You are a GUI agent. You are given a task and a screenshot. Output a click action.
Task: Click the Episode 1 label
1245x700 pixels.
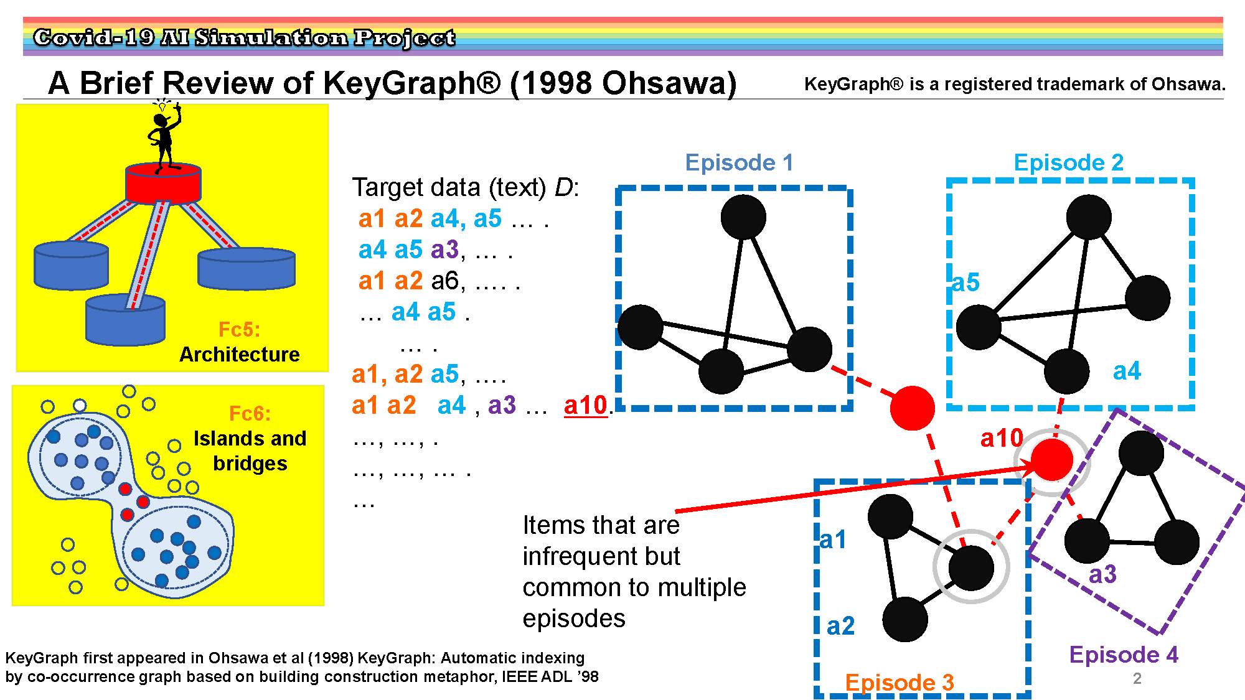(739, 163)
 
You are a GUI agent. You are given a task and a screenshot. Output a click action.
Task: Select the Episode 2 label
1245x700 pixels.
(1069, 163)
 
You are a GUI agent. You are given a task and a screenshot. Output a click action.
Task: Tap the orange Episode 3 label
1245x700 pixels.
(900, 683)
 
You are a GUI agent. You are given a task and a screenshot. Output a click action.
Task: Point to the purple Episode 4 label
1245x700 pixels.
(1124, 655)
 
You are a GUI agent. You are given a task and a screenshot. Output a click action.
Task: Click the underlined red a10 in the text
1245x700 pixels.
(585, 405)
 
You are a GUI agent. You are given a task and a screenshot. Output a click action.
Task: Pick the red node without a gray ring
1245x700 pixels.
(912, 408)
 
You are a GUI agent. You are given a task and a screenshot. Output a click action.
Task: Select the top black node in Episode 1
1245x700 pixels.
(743, 217)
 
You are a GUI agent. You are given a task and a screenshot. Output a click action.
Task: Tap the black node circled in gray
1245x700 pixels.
(970, 567)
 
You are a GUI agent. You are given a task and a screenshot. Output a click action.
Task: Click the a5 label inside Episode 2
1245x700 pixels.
(965, 282)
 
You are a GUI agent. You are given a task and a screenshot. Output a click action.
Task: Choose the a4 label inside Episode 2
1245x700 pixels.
(1127, 371)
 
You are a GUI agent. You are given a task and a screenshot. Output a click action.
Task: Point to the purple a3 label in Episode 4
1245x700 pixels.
(1102, 574)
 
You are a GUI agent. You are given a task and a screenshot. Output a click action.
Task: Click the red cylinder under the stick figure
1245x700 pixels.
(163, 184)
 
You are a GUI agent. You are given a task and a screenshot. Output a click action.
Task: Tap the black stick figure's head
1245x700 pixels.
(161, 119)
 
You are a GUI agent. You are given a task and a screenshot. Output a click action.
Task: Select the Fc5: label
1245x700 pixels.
(239, 329)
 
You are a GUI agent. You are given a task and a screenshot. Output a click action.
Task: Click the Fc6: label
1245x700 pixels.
(250, 414)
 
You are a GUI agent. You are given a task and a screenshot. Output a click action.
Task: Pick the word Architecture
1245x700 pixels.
(240, 355)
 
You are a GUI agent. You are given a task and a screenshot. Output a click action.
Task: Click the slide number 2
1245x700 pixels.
(1137, 678)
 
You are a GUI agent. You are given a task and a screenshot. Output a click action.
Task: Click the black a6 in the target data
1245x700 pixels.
(446, 281)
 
